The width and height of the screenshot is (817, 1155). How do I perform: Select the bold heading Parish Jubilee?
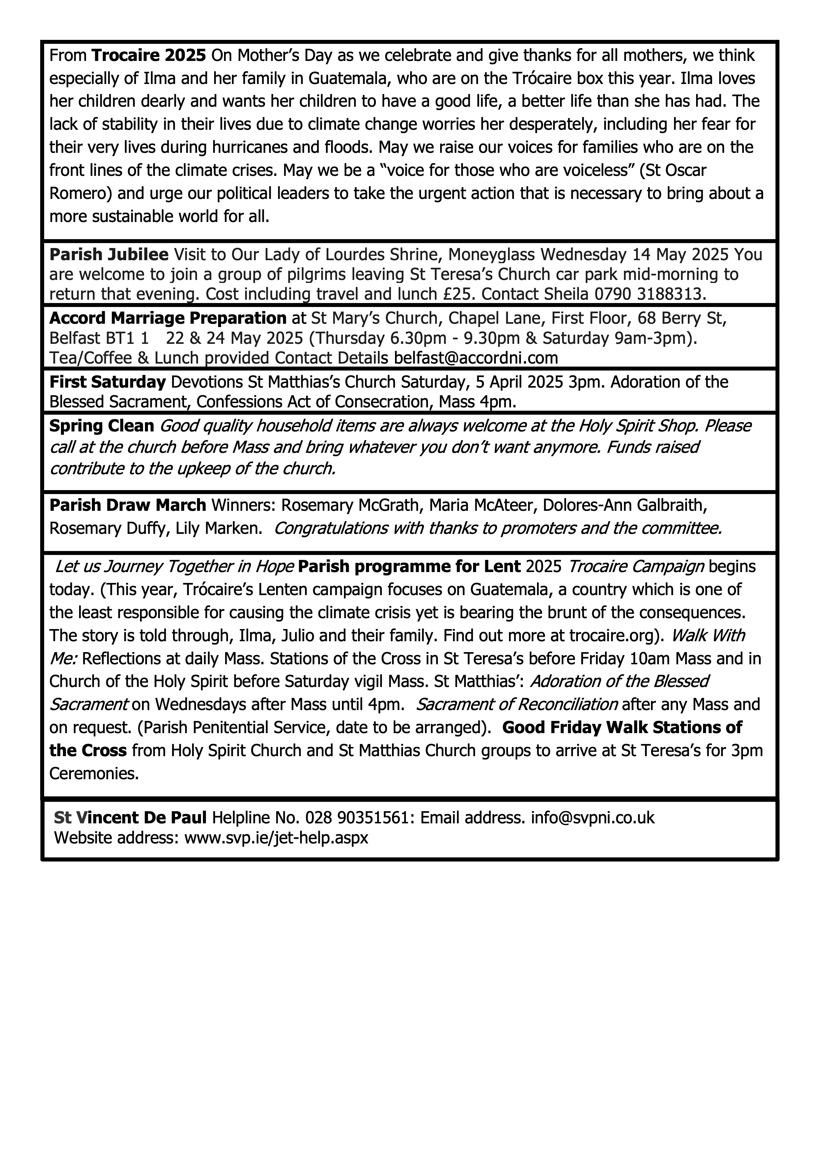109,255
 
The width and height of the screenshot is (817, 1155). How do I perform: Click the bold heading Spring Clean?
101,426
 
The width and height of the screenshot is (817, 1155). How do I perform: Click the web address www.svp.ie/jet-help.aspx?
276,838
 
